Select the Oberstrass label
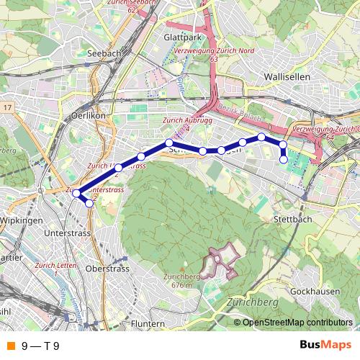click(107, 269)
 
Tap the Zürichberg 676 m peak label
click(181, 281)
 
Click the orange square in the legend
click(9, 346)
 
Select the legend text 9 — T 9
click(40, 346)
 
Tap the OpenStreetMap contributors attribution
click(297, 322)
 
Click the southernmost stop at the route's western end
click(89, 204)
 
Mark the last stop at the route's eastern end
click(284, 159)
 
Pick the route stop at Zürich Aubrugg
click(168, 143)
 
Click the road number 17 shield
click(8, 107)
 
